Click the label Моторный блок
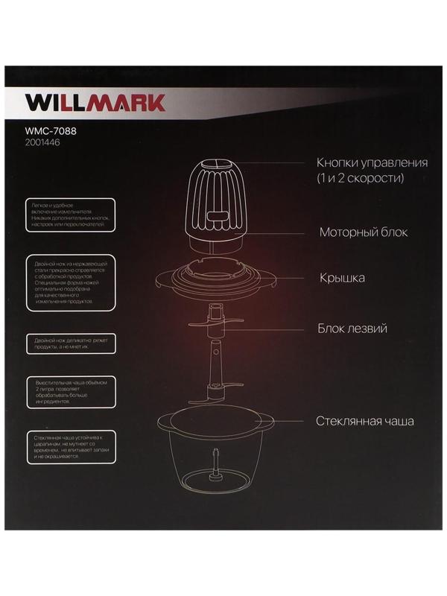364,232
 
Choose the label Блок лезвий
352,328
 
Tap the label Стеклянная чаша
364,421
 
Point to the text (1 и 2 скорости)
360,179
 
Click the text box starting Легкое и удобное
68,212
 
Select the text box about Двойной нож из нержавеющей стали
68,282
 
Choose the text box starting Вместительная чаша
68,391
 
